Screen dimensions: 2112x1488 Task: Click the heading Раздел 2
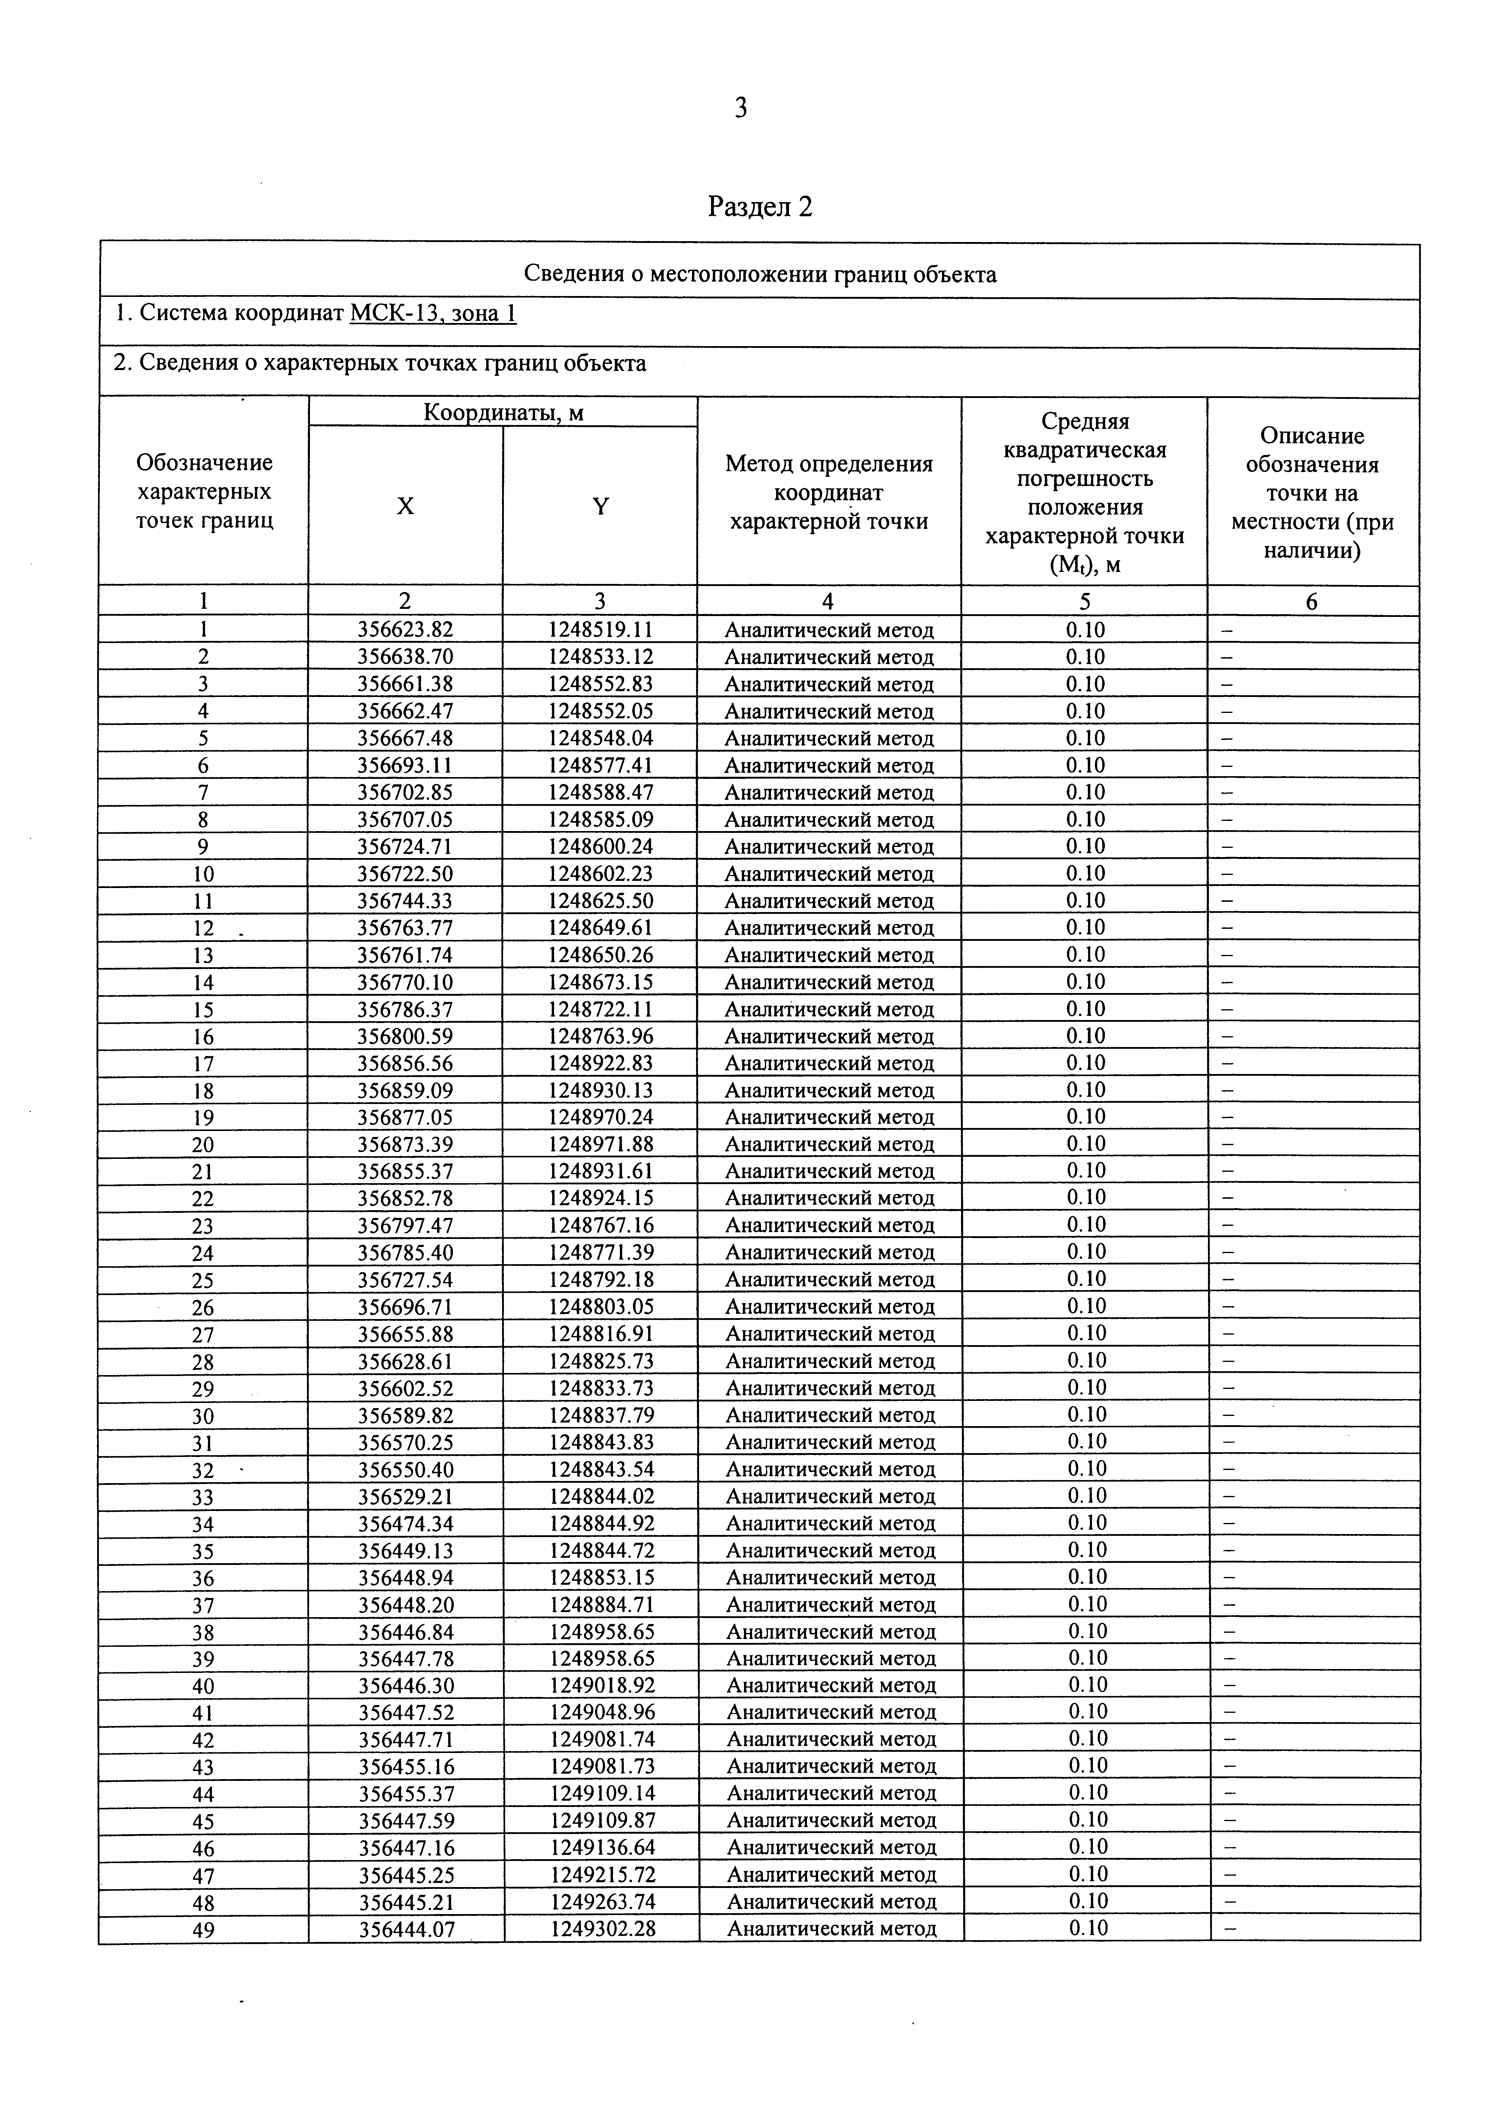tap(760, 207)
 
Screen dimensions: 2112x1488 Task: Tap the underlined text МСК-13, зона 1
tap(433, 314)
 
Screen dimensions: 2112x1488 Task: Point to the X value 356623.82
tap(406, 630)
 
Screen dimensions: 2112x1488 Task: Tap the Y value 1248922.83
tap(600, 1063)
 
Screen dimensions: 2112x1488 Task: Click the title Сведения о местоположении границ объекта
tap(760, 274)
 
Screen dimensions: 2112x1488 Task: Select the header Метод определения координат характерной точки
tap(829, 492)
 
